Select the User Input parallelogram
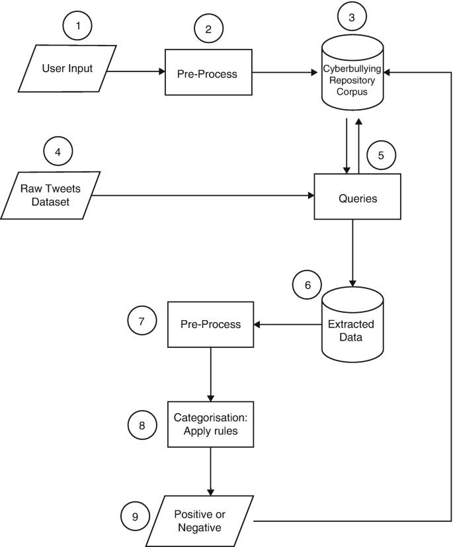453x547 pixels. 67,68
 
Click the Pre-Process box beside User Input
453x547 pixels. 207,73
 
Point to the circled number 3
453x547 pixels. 352,16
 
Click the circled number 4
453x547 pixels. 58,152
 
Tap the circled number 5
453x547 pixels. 380,156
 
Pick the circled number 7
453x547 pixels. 142,321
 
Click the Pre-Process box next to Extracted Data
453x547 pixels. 210,324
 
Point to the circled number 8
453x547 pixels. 142,425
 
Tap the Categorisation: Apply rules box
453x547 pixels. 210,424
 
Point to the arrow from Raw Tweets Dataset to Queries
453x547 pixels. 205,195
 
